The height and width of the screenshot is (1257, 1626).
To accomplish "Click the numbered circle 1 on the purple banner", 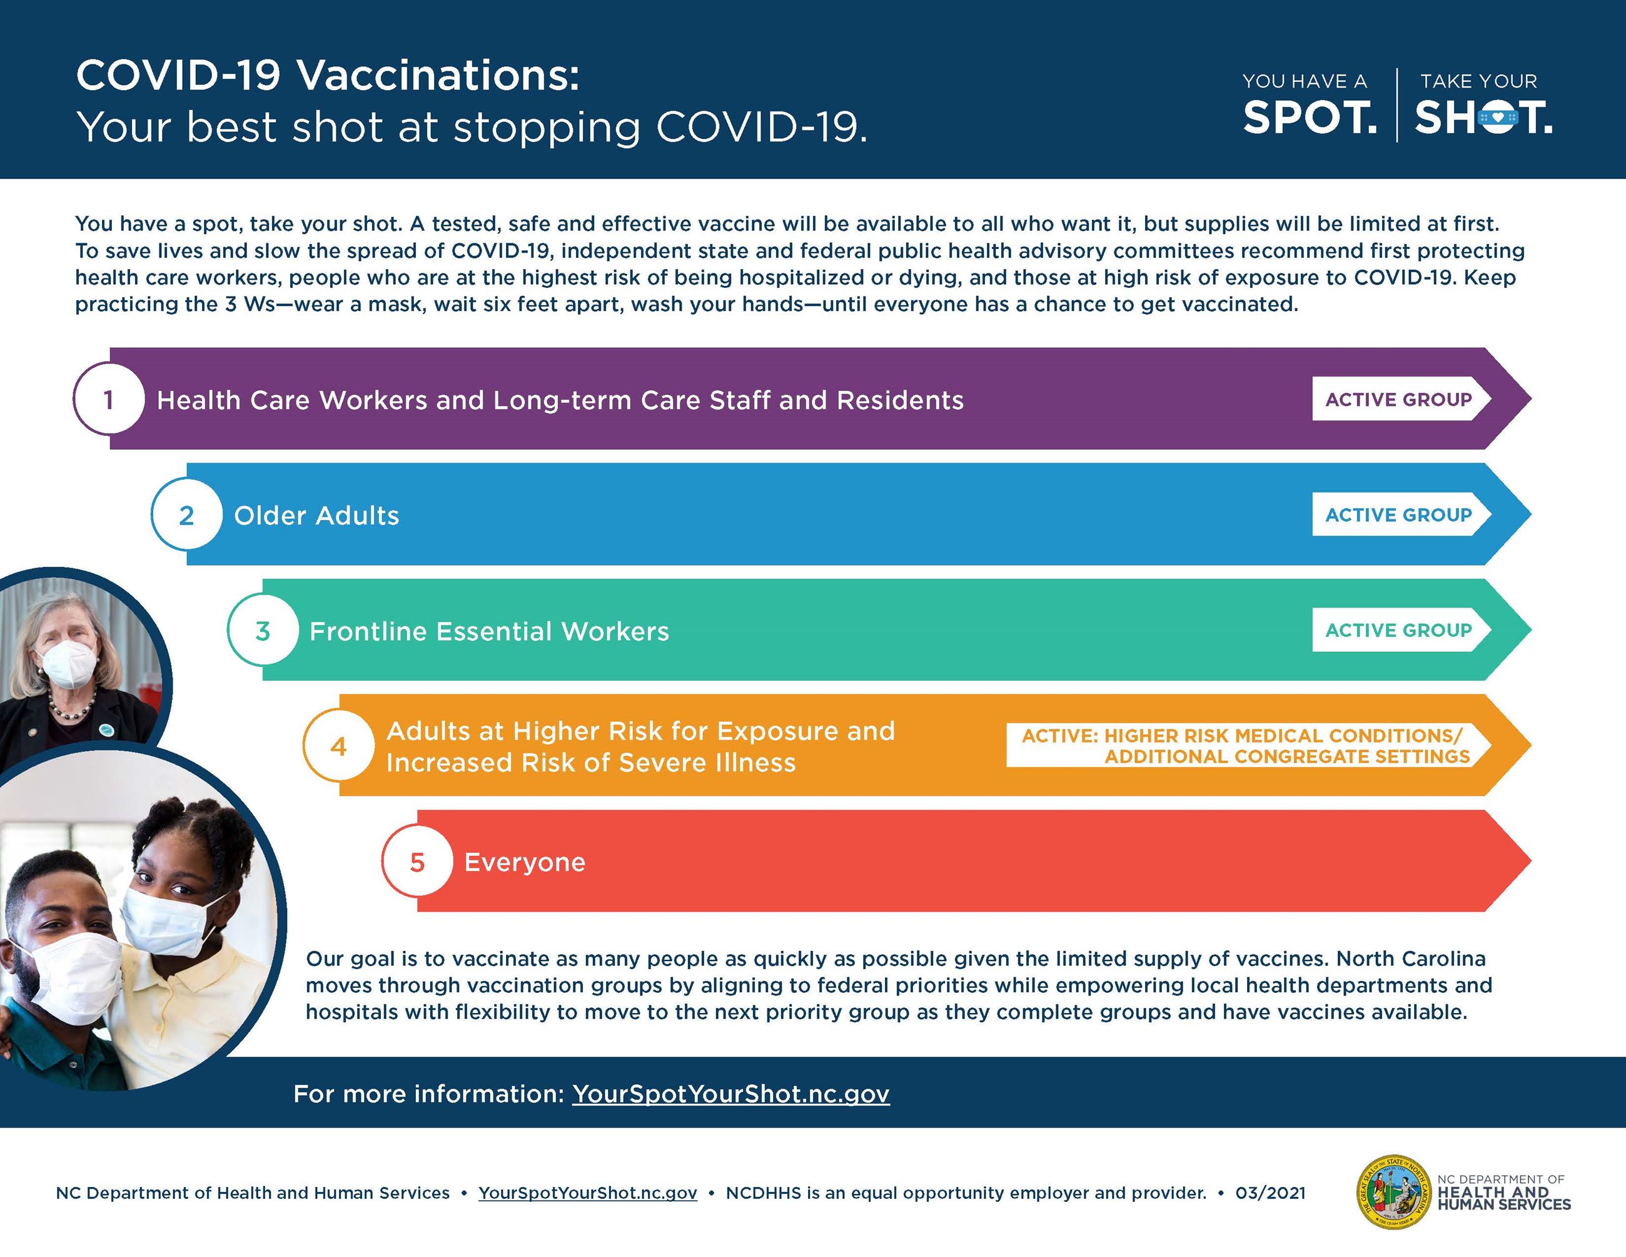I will coord(109,399).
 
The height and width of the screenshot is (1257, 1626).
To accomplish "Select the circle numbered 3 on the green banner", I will coord(263,631).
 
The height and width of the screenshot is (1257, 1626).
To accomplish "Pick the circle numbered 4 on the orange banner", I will coord(339,745).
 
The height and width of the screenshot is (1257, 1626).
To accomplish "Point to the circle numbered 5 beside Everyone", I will coord(417,862).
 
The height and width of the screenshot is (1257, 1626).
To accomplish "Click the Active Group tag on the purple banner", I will coord(1398,399).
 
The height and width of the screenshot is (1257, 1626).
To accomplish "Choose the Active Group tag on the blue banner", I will coord(1398,514).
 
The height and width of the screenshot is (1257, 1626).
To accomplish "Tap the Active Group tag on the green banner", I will coord(1398,630).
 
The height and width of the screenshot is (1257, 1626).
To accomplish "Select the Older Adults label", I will coord(316,516).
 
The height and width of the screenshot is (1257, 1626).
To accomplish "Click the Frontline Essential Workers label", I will coord(489,631).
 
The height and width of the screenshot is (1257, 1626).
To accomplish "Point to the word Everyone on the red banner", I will coord(525,862).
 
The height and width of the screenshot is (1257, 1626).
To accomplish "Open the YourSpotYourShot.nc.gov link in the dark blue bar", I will coord(730,1093).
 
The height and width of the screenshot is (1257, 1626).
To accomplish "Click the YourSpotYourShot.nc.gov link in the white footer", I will coord(587,1193).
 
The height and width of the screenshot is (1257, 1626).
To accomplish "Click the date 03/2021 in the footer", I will coord(1270,1193).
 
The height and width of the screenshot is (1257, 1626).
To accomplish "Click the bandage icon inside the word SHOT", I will coord(1498,118).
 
